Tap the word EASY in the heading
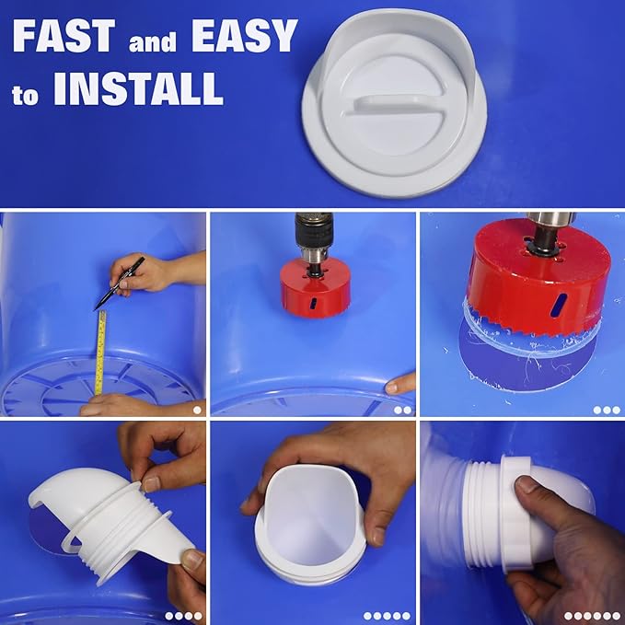pos(244,37)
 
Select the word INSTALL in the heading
pos(138,89)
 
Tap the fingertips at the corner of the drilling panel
pos(401,383)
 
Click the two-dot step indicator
pos(403,411)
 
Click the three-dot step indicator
pos(607,411)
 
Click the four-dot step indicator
pos(183,616)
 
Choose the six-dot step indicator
pos(592,616)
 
